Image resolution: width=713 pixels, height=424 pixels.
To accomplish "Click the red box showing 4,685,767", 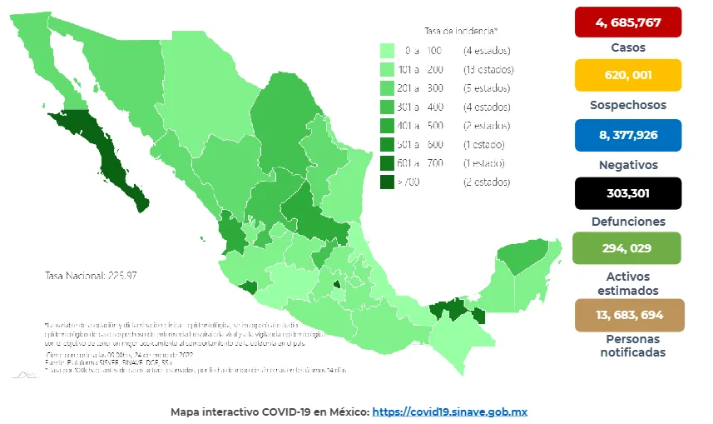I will (627, 22).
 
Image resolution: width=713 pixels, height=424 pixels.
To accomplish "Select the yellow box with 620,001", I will (627, 75).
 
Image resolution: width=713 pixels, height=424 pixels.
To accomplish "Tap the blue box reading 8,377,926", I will (627, 135).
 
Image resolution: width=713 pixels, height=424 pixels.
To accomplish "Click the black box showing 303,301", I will (627, 193).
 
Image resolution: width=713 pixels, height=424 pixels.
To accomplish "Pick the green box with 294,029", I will (627, 248).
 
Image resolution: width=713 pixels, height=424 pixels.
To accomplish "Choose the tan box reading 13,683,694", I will (627, 315).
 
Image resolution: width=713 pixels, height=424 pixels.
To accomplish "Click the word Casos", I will (627, 47).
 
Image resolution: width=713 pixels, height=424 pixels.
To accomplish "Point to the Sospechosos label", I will (627, 106).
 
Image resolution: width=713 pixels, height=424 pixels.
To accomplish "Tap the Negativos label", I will (627, 165).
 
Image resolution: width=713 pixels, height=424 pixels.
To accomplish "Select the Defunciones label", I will (627, 222).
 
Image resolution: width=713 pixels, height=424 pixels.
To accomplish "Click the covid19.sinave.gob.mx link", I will (449, 412).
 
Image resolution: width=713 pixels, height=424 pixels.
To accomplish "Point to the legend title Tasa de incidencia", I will (461, 31).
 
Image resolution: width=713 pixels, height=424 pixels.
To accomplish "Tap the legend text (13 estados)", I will (488, 69).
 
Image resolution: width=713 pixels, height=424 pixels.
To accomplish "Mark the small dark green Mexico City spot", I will (336, 284).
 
